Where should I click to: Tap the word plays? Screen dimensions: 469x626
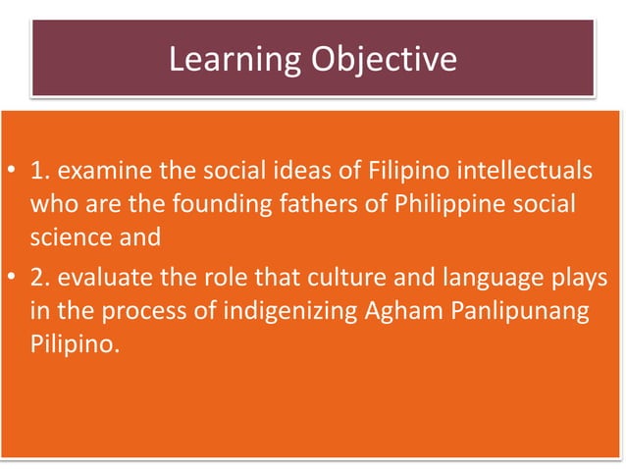(580, 280)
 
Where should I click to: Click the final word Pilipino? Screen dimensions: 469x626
(74, 342)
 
